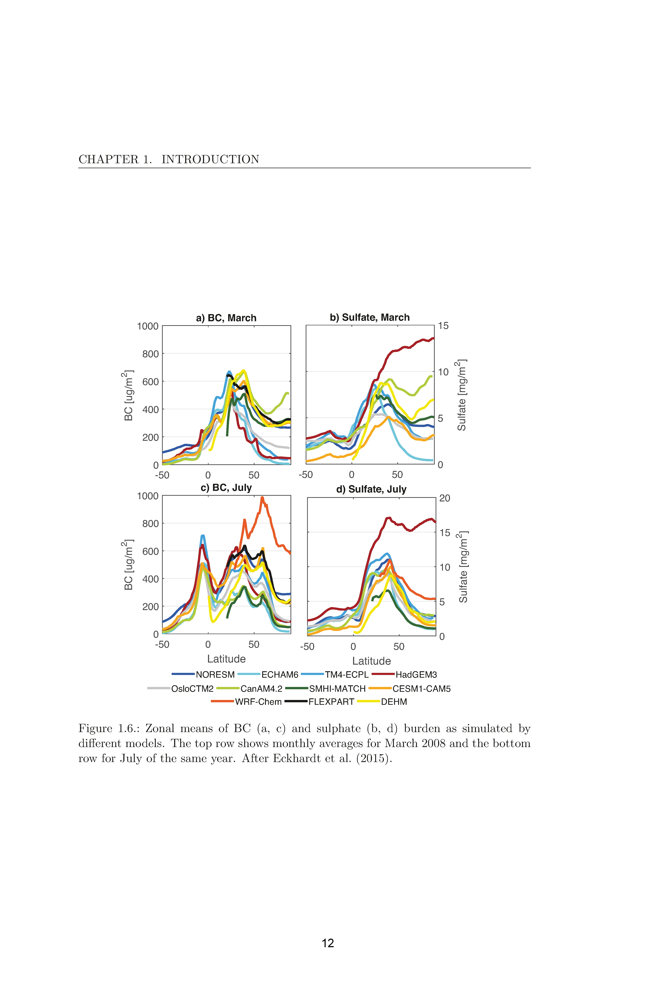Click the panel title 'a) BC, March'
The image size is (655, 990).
(x=226, y=318)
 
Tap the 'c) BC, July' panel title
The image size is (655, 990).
(x=226, y=488)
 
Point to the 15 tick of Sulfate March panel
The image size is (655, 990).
(x=443, y=326)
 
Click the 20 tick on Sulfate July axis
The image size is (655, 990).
(x=445, y=498)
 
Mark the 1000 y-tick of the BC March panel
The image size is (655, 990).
(x=148, y=326)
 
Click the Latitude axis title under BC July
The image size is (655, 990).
(x=226, y=659)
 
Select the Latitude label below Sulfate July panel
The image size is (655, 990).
(x=371, y=661)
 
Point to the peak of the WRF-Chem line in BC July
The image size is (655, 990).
(x=262, y=497)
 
